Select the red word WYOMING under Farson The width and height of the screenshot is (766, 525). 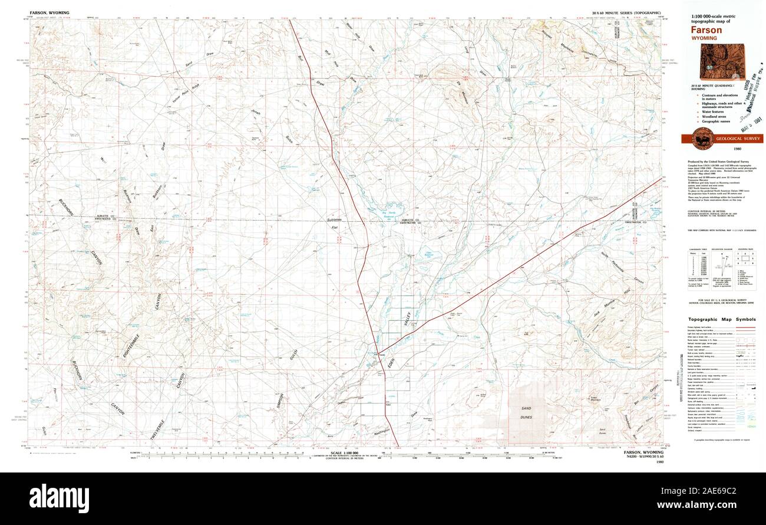[705, 38]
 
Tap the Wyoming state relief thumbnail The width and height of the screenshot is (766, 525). [721, 62]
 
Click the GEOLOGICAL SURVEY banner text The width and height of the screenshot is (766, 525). [738, 139]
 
